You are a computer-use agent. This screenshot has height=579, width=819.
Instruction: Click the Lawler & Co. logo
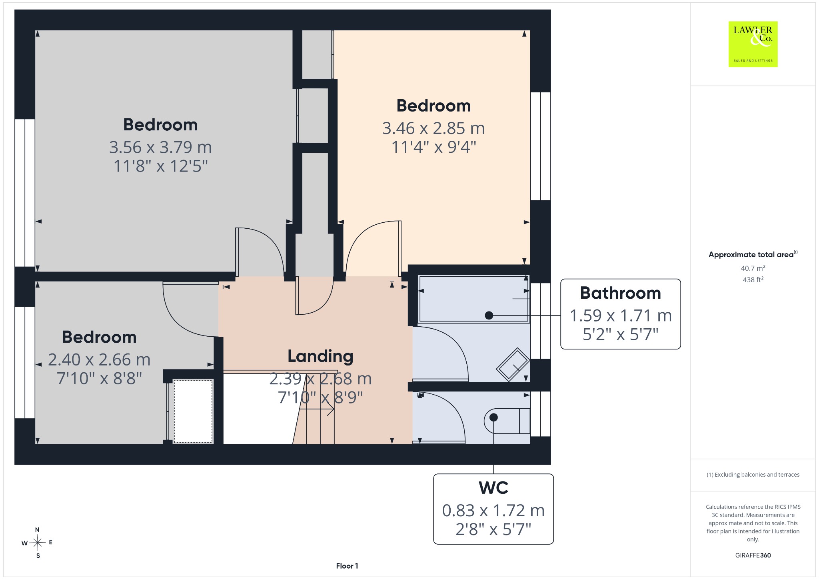pyautogui.click(x=753, y=44)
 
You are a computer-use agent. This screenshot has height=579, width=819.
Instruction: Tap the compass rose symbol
pyautogui.click(x=38, y=543)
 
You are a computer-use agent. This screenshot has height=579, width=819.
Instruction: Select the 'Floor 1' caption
pyautogui.click(x=347, y=566)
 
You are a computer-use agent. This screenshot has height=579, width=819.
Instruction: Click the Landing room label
pyautogui.click(x=320, y=356)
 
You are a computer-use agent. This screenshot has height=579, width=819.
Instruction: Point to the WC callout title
pyautogui.click(x=493, y=488)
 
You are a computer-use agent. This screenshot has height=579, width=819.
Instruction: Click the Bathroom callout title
pyautogui.click(x=620, y=293)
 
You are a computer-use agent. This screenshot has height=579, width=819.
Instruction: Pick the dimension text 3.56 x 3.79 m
pyautogui.click(x=160, y=147)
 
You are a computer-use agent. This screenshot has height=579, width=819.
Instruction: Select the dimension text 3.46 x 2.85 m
pyautogui.click(x=433, y=128)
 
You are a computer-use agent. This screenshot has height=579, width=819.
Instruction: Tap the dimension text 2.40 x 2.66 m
pyautogui.click(x=99, y=359)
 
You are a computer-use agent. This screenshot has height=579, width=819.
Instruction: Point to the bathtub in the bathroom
pyautogui.click(x=473, y=299)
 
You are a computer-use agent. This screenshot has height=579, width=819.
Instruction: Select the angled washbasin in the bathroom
pyautogui.click(x=513, y=364)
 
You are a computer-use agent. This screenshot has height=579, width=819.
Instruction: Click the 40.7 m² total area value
pyautogui.click(x=753, y=268)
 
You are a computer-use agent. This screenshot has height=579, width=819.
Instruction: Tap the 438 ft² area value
pyautogui.click(x=753, y=280)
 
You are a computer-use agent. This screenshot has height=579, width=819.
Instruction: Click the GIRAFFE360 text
pyautogui.click(x=753, y=555)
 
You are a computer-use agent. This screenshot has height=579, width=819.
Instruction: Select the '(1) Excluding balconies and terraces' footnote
pyautogui.click(x=753, y=475)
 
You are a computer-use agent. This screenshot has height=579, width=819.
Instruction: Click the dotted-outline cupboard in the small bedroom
pyautogui.click(x=193, y=411)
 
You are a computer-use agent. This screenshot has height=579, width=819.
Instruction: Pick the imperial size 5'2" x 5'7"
pyautogui.click(x=620, y=334)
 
